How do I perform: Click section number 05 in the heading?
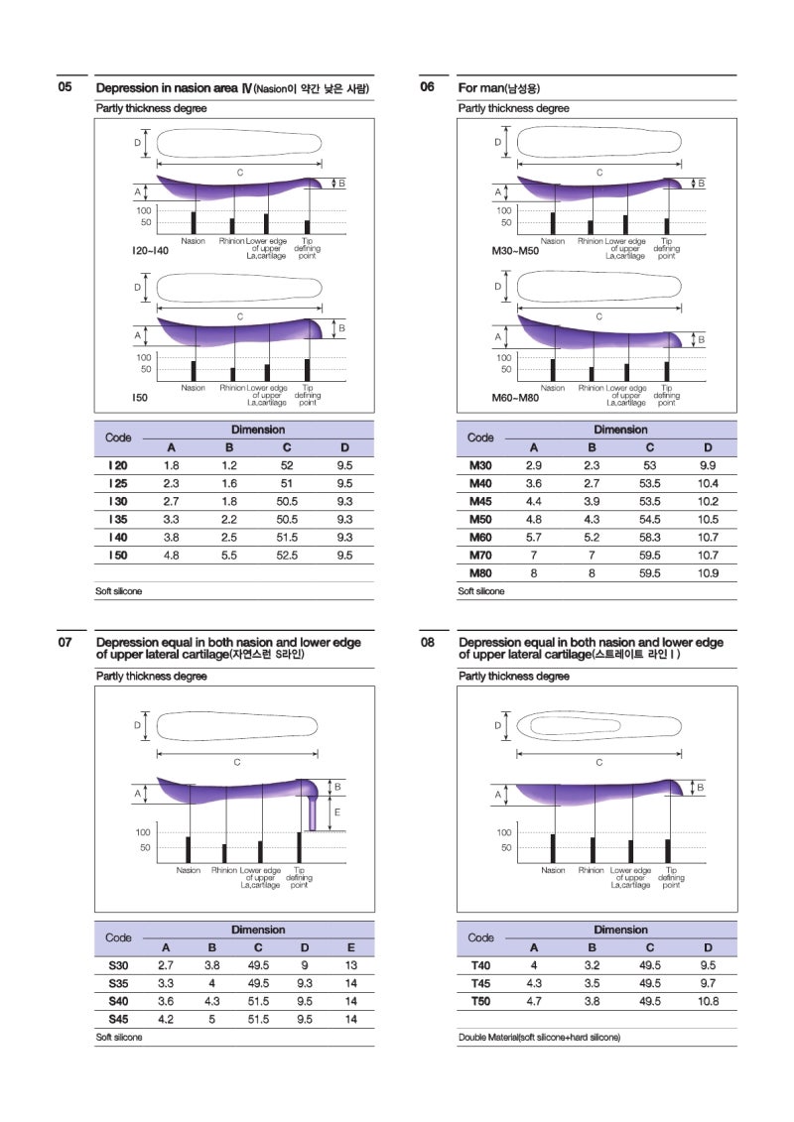[65, 87]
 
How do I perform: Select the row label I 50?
[117, 556]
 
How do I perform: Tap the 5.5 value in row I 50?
[229, 556]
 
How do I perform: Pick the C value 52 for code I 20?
[287, 465]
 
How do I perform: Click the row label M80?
[480, 573]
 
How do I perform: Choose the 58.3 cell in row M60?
[650, 537]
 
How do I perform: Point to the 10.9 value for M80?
[708, 573]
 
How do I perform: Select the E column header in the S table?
[350, 947]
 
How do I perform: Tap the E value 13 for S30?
[350, 965]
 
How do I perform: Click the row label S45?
[118, 1019]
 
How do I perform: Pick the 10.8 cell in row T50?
[708, 1001]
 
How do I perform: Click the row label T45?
[480, 983]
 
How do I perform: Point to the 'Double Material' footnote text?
[539, 1037]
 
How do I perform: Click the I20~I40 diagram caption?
[150, 251]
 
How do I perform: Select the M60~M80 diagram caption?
[515, 397]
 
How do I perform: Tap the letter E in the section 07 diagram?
[337, 812]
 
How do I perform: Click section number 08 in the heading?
[427, 642]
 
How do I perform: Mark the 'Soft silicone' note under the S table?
[119, 1037]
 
